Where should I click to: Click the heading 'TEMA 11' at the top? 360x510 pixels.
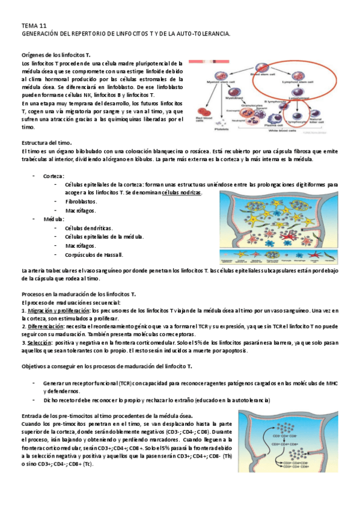point(34,26)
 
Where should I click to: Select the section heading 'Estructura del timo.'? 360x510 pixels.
point(47,142)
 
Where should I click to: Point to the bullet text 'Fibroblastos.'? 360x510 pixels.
point(81,201)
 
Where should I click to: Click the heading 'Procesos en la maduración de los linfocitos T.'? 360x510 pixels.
point(79,294)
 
